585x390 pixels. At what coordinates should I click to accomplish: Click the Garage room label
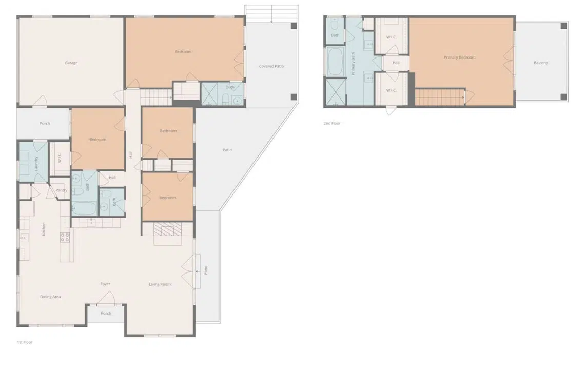pos(71,63)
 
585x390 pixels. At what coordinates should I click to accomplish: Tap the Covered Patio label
pos(271,66)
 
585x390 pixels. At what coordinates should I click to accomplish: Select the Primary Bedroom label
pos(460,57)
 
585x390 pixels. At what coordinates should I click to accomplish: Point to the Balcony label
pos(540,63)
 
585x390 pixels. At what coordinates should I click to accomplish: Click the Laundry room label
pos(36,163)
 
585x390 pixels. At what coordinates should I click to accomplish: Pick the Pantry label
pos(62,190)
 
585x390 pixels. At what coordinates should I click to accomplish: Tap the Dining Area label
pos(50,297)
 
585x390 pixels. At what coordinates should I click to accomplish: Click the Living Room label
pos(160,284)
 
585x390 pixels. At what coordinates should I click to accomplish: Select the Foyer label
pos(105,284)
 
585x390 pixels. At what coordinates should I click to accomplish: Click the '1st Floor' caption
pos(25,342)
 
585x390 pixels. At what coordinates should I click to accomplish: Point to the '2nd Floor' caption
pos(332,123)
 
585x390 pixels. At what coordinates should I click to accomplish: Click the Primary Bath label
pos(353,64)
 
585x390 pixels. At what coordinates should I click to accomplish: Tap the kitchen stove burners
pos(65,238)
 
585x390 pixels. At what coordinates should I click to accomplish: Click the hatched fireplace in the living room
pos(168,229)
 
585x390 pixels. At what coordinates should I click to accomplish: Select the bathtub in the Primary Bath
pos(336,62)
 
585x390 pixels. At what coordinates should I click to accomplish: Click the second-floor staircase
pos(439,96)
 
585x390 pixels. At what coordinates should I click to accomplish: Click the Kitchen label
pos(44,229)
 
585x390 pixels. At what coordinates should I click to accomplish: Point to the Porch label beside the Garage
pos(45,124)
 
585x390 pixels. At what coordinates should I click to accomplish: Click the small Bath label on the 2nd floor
pos(335,35)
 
